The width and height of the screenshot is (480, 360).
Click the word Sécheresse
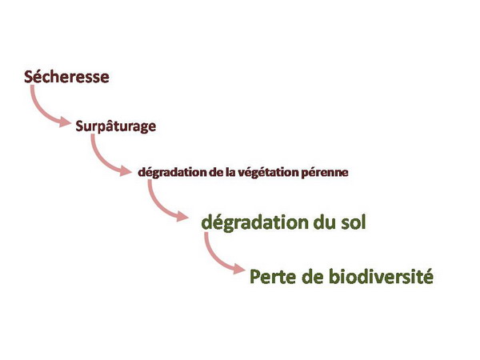[x=66, y=76]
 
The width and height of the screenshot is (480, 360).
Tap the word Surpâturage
[x=116, y=126]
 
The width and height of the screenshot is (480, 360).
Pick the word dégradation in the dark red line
[x=172, y=172]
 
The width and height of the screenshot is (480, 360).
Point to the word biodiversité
[x=381, y=276]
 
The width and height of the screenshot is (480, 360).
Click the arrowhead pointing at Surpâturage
[x=65, y=122]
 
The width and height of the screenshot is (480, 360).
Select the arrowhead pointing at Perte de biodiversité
[x=239, y=269]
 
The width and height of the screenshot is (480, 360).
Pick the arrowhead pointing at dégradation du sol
[x=182, y=216]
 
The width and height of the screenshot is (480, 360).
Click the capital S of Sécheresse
[x=29, y=77]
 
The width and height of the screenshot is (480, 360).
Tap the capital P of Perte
[x=255, y=277]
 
